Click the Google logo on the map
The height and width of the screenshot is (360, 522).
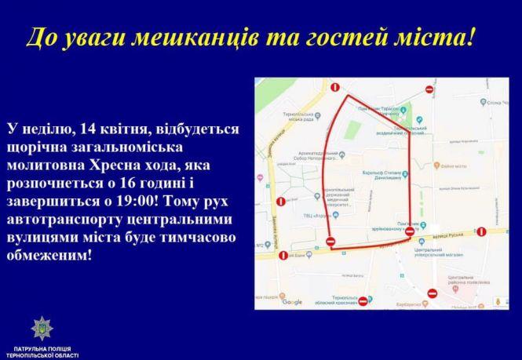292,302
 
